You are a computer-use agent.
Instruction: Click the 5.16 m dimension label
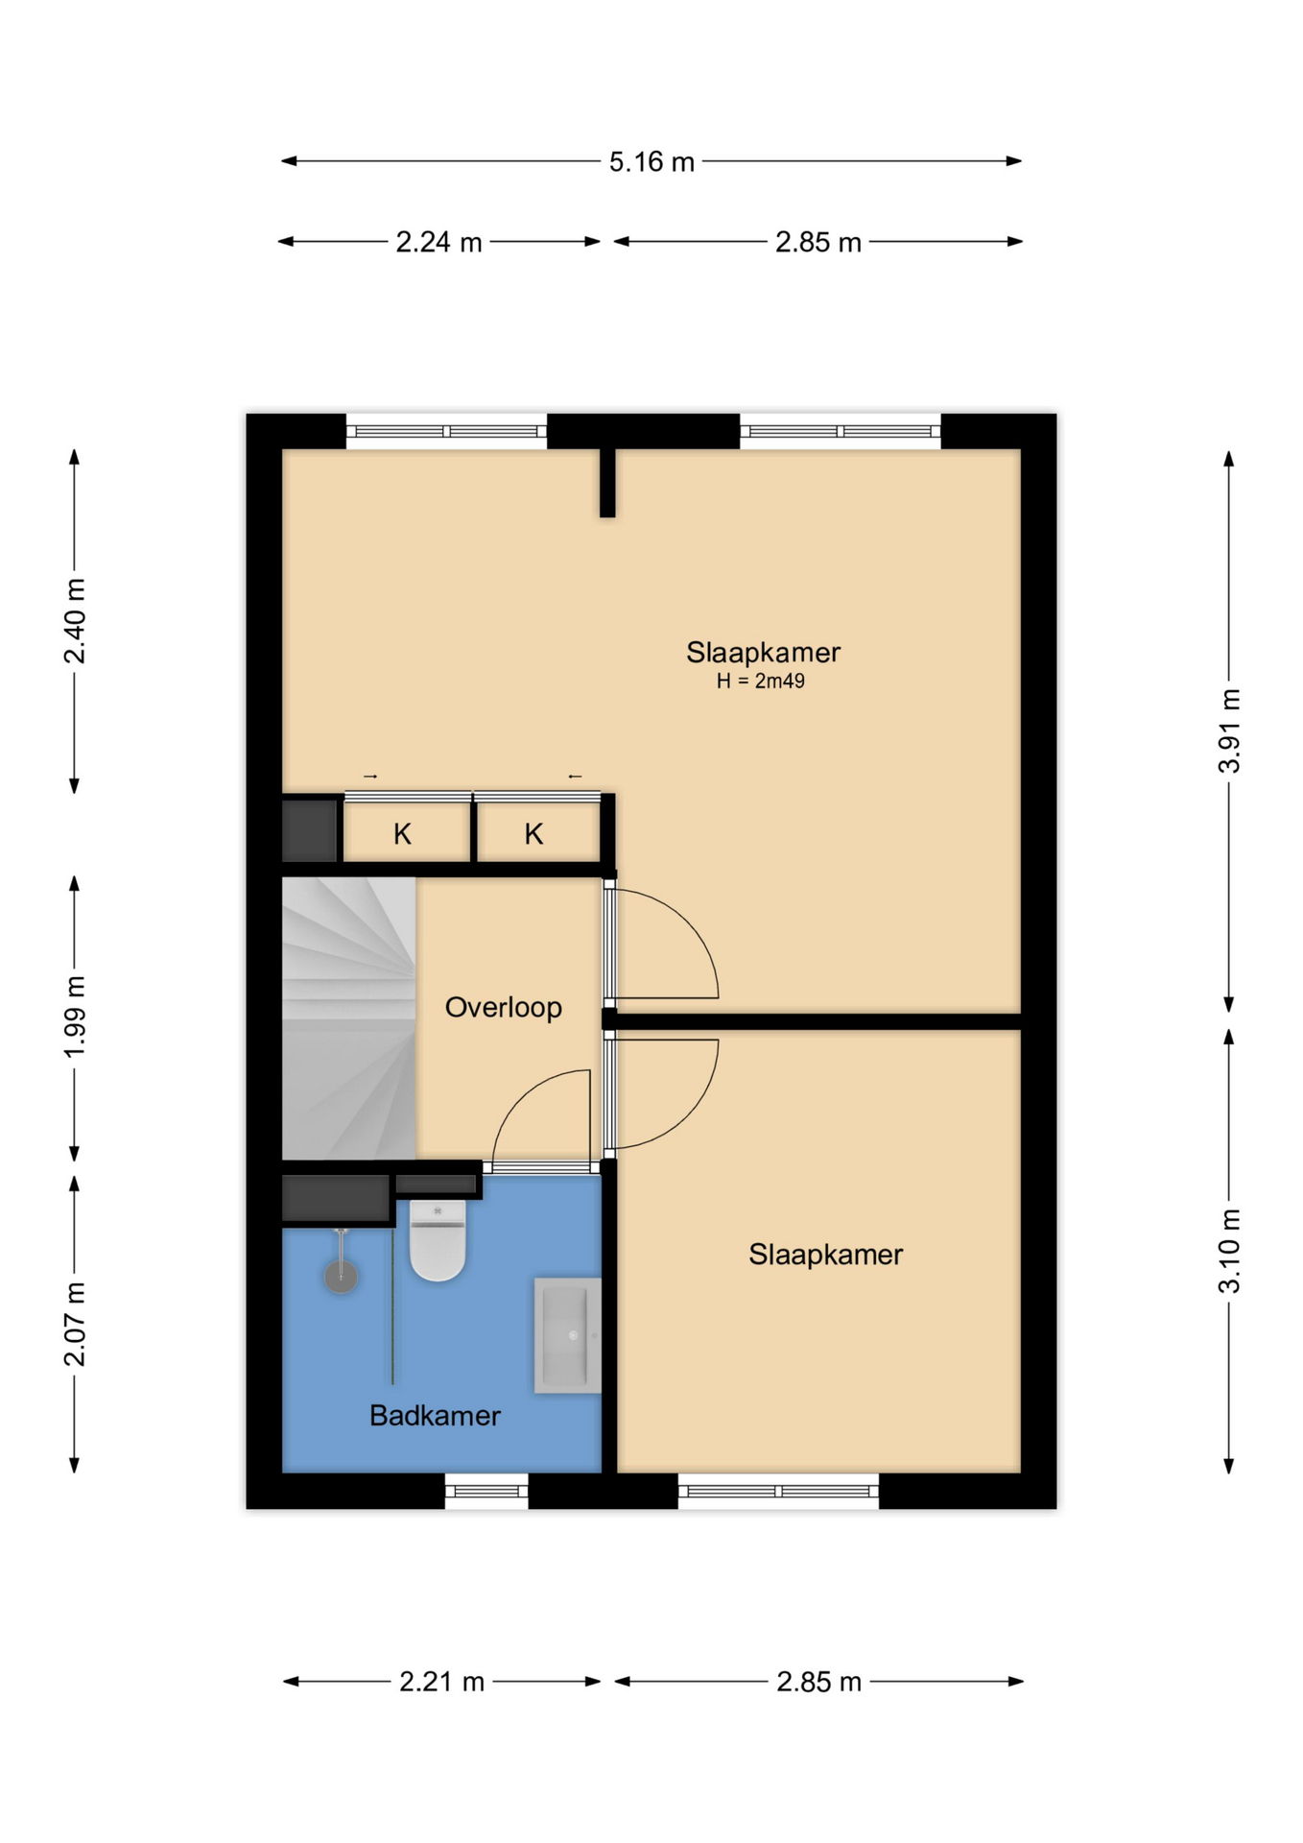[651, 161]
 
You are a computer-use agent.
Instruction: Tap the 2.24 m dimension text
[438, 242]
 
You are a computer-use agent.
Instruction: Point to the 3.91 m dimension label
[1229, 730]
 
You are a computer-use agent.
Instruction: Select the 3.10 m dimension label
[1229, 1251]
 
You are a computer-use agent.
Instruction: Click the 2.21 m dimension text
[441, 1682]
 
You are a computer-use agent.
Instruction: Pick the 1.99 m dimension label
[75, 1017]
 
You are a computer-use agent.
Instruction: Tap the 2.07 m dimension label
[75, 1324]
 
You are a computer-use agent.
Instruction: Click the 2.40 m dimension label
[75, 621]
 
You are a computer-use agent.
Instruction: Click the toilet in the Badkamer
[438, 1239]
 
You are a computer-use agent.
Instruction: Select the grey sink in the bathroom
[567, 1334]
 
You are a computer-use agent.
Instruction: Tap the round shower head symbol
[341, 1277]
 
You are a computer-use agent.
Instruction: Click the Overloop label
[504, 1008]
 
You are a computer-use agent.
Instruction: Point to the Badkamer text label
[435, 1416]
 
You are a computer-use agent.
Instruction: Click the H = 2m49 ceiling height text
[760, 682]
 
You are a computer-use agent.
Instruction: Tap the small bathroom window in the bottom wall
[486, 1491]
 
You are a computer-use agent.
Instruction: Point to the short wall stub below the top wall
[607, 483]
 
